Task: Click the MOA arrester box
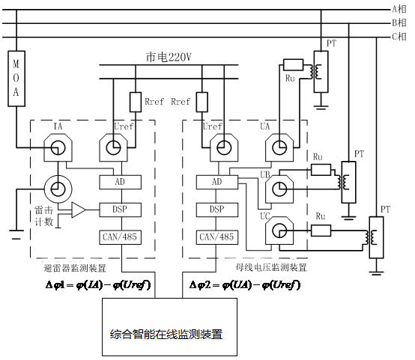tap(16, 79)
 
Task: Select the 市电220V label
tap(169, 57)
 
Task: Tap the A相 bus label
tap(399, 9)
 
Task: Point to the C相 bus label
tap(399, 37)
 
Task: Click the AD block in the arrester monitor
tap(120, 182)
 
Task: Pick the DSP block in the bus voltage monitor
tap(217, 210)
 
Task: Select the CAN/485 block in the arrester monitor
tap(120, 237)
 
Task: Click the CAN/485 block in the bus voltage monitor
tap(217, 237)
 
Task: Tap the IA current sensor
tap(58, 147)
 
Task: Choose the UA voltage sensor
tap(279, 147)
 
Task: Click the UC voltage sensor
tap(279, 230)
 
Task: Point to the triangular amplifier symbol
tap(79, 210)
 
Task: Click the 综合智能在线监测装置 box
tap(169, 327)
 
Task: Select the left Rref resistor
tap(136, 102)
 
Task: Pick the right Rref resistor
tap(202, 102)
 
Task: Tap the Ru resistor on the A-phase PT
tap(293, 65)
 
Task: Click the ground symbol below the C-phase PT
tap(376, 272)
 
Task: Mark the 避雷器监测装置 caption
tap(75, 268)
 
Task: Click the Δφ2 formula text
tap(245, 285)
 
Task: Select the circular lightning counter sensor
tap(58, 189)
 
